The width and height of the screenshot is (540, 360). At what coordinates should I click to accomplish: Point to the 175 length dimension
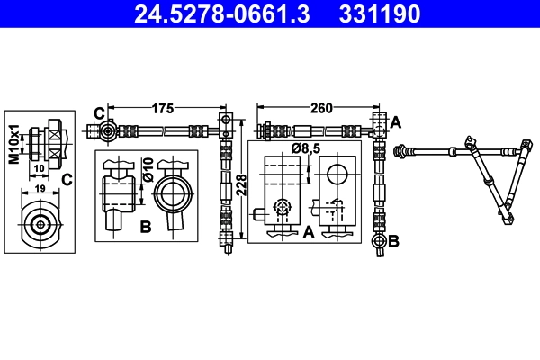coord(163,109)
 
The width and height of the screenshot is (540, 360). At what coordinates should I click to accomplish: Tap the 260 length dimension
coord(321,109)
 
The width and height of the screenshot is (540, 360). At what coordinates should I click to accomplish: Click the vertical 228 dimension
coord(242,185)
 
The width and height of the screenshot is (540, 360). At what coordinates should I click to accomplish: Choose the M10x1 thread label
coord(13,144)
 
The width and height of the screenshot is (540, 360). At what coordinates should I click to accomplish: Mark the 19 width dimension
coord(39,190)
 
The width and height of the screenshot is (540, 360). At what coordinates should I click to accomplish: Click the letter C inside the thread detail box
coord(66,179)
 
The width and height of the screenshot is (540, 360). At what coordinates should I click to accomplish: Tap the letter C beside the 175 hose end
coord(99,113)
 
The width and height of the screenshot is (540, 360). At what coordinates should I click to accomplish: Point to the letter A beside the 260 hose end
coord(396,120)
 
